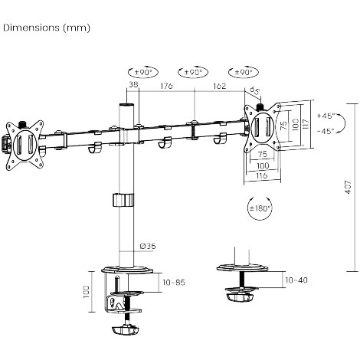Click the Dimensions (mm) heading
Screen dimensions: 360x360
tap(47, 28)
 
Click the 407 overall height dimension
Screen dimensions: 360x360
tap(349, 187)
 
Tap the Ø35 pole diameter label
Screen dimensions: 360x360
tap(148, 246)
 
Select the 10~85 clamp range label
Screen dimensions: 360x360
tap(174, 283)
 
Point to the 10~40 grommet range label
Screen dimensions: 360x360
tap(296, 280)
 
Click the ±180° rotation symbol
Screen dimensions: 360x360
tap(260, 208)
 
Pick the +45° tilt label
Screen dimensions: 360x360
tap(326, 116)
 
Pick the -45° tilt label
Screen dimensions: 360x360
tap(326, 132)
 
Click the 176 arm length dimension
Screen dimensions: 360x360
tap(166, 86)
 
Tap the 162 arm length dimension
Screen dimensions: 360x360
tap(220, 86)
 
